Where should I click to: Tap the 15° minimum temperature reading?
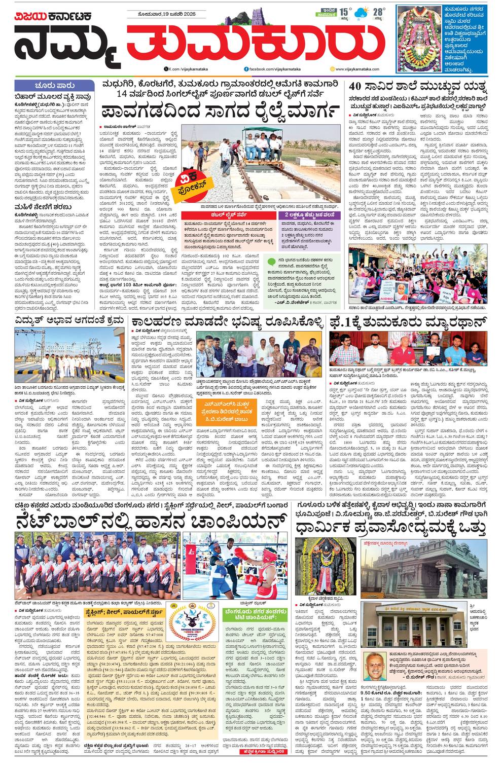[x=344, y=11]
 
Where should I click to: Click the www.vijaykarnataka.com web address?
[x=360, y=68]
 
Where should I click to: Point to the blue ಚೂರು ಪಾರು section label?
[x=55, y=86]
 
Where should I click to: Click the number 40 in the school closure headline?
[x=355, y=86]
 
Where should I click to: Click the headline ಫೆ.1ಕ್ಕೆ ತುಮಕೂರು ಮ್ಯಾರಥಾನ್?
[x=408, y=322]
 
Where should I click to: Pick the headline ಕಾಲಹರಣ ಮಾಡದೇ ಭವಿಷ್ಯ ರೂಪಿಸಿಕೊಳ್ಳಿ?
[x=227, y=322]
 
